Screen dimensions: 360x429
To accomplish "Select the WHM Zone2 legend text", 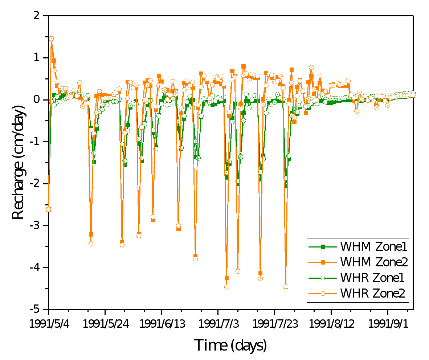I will click(374, 262).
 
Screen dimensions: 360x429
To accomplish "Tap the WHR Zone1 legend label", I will click(372, 278).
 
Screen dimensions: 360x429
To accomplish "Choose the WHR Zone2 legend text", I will click(372, 293).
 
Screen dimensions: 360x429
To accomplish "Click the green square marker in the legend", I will click(322, 247).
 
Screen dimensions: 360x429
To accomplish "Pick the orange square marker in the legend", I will click(322, 262).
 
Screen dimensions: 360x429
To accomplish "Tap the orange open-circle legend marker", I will click(322, 294).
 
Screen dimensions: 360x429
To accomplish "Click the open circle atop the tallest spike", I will click(51, 38).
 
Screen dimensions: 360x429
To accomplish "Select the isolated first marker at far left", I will click(48, 209).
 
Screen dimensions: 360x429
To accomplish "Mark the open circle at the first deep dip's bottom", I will click(91, 244).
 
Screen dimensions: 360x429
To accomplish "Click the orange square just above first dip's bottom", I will click(91, 234).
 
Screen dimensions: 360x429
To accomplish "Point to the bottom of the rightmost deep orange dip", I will click(286, 287).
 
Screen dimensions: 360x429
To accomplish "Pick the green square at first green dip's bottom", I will click(94, 162).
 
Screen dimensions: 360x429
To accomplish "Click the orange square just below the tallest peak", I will click(54, 61).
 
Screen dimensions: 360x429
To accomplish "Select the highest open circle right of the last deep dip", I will click(311, 67).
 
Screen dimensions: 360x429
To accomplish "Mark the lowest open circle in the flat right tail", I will click(356, 111).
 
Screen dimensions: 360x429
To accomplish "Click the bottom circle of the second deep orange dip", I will click(122, 245).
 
